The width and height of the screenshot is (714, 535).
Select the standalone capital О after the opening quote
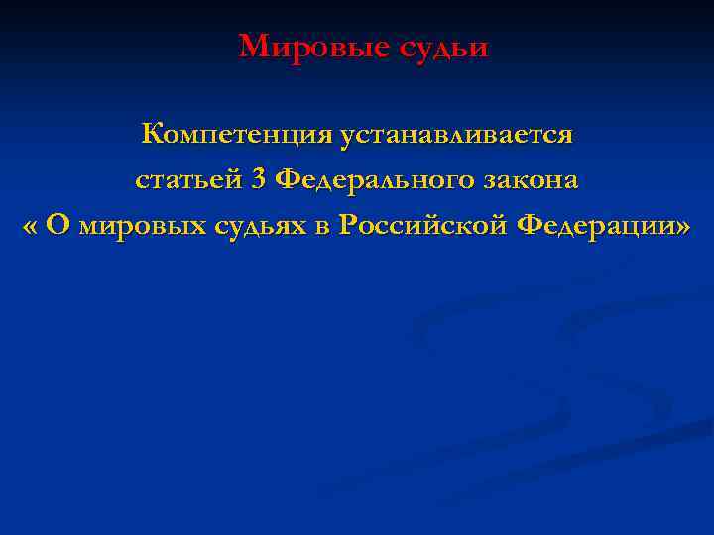coord(59,226)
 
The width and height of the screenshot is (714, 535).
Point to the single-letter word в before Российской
coord(322,227)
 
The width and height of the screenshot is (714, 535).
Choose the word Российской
coord(421,227)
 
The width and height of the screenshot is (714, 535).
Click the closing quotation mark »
coord(681,227)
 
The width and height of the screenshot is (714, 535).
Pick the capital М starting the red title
coord(253,47)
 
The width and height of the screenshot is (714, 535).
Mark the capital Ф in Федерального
coord(287,180)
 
